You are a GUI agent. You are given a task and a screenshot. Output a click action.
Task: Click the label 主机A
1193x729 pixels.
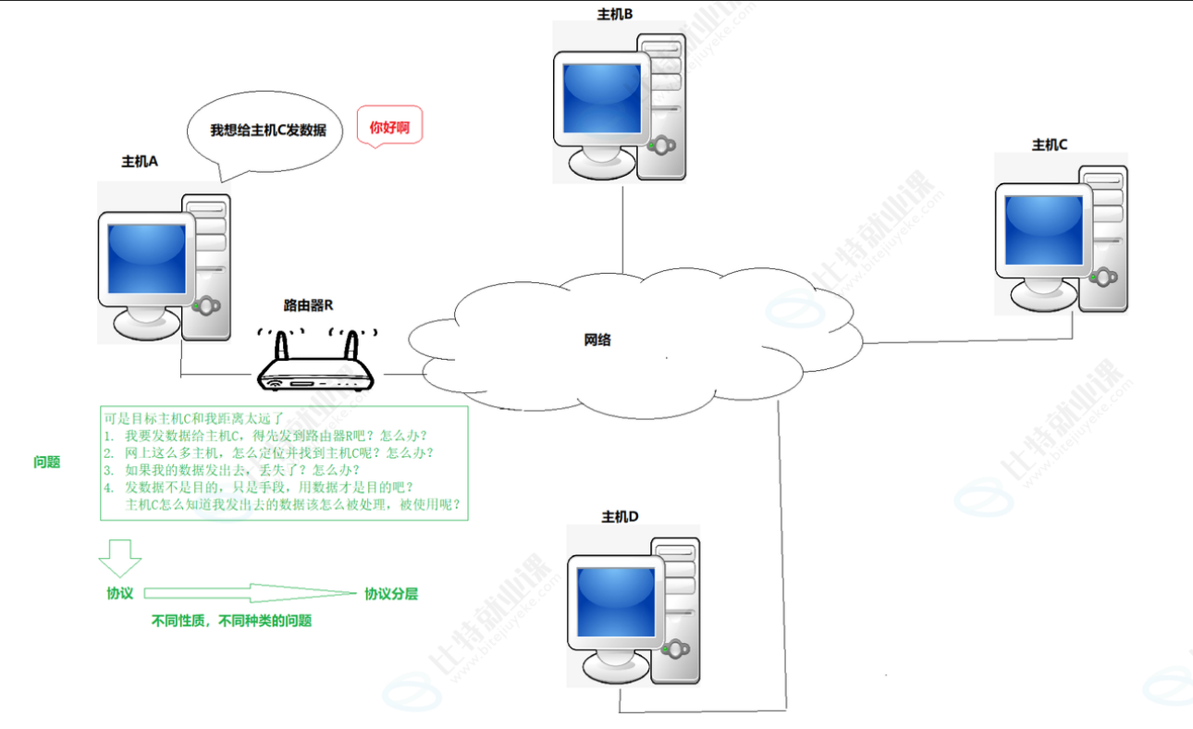140,161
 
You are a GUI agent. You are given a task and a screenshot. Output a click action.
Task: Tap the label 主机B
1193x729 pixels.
614,14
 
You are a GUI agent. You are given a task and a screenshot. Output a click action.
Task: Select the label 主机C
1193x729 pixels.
1050,144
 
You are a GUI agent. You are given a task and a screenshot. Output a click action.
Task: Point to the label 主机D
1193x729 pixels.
620,516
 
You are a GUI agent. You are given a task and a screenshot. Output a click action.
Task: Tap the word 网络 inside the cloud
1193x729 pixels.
596,340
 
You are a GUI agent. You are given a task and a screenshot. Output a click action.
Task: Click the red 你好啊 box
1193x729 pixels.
389,128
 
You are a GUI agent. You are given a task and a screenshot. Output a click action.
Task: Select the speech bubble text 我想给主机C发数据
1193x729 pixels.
268,130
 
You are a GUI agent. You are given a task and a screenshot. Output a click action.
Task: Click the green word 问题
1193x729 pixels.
46,462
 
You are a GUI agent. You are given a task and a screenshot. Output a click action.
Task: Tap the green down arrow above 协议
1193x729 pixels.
120,558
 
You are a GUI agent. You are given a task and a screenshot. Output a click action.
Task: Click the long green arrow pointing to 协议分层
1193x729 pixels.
250,593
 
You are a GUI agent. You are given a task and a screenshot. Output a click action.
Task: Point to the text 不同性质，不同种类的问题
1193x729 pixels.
231,621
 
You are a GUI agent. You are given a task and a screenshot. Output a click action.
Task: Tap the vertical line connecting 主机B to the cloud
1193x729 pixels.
622,227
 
